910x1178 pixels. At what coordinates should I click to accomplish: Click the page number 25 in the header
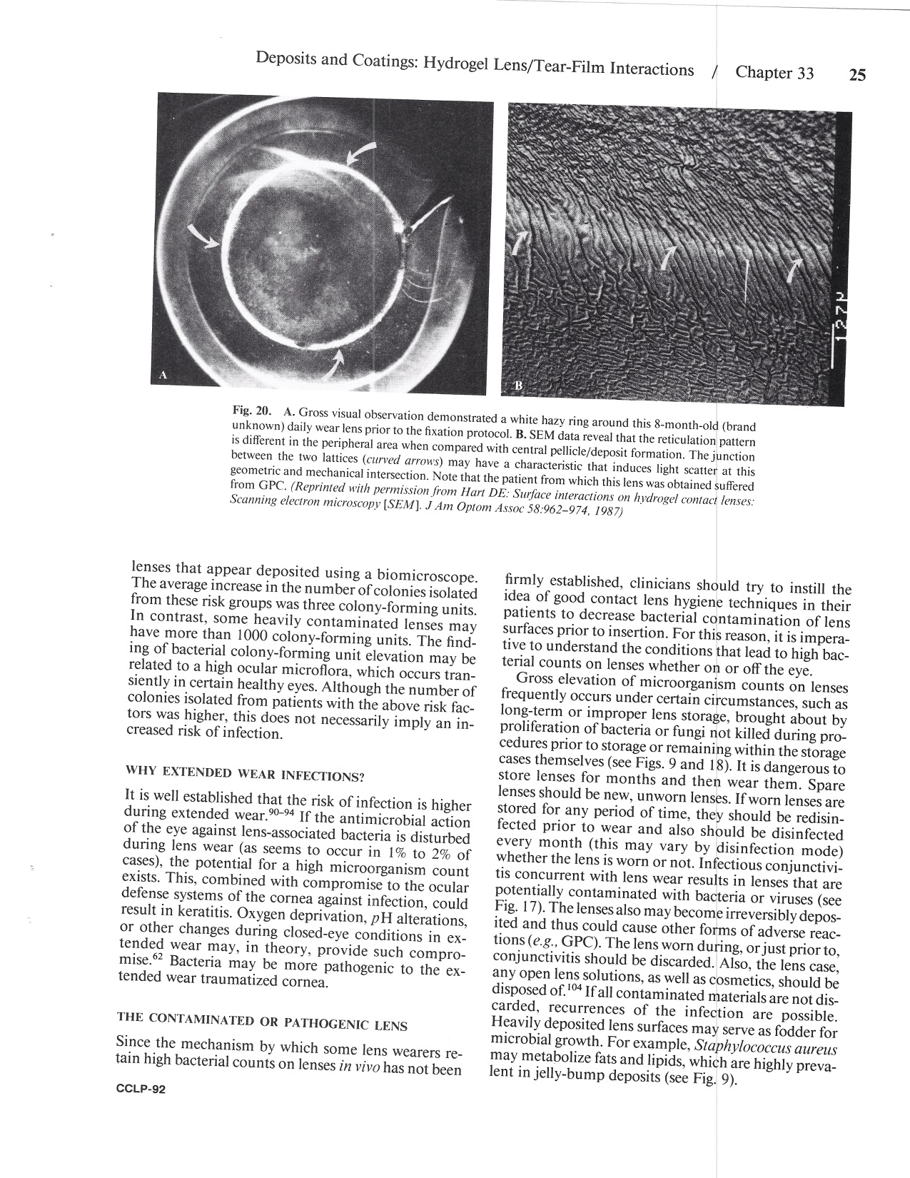pyautogui.click(x=857, y=74)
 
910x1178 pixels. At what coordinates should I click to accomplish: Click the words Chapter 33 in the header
pyautogui.click(x=774, y=72)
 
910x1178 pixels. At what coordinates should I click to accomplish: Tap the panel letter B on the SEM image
pyautogui.click(x=519, y=386)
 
